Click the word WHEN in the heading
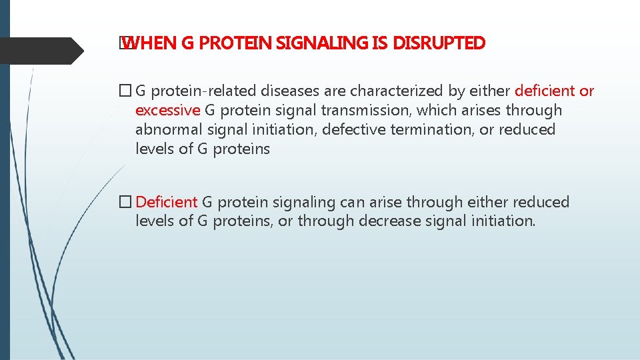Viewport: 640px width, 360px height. (x=149, y=44)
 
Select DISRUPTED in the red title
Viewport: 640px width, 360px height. (x=439, y=44)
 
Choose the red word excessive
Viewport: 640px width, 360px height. (x=167, y=111)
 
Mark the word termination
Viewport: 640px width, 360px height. (x=427, y=130)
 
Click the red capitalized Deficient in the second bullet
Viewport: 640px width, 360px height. (x=166, y=202)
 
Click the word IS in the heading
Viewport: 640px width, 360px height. (x=380, y=44)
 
